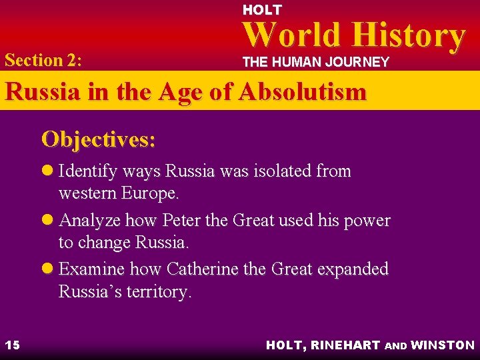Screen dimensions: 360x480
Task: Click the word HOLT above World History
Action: [262, 10]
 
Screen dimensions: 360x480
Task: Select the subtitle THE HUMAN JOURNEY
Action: [315, 62]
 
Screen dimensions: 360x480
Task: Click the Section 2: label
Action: [43, 60]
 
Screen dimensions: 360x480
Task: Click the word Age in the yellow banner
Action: [175, 91]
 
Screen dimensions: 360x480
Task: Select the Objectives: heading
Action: [99, 139]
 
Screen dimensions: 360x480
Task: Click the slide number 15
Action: [12, 345]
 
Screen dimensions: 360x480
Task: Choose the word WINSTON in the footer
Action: [443, 345]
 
